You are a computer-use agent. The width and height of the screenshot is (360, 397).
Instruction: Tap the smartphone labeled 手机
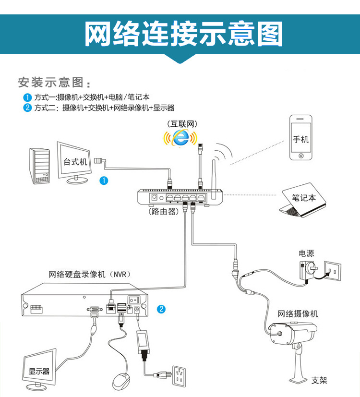pos(301,139)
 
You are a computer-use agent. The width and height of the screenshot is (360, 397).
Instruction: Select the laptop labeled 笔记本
pos(302,201)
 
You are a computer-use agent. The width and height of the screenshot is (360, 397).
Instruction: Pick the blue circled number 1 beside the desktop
pos(104,180)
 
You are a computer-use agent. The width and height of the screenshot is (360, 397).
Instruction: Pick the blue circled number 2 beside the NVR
pos(162,309)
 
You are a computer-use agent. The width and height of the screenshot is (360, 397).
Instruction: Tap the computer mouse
pos(121,381)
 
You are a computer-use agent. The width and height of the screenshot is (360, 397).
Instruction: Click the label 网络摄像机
pos(298,314)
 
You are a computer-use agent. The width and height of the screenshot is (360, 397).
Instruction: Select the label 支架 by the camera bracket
pos(319,380)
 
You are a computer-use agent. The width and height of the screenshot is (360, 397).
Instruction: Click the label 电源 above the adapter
pos(306,253)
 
